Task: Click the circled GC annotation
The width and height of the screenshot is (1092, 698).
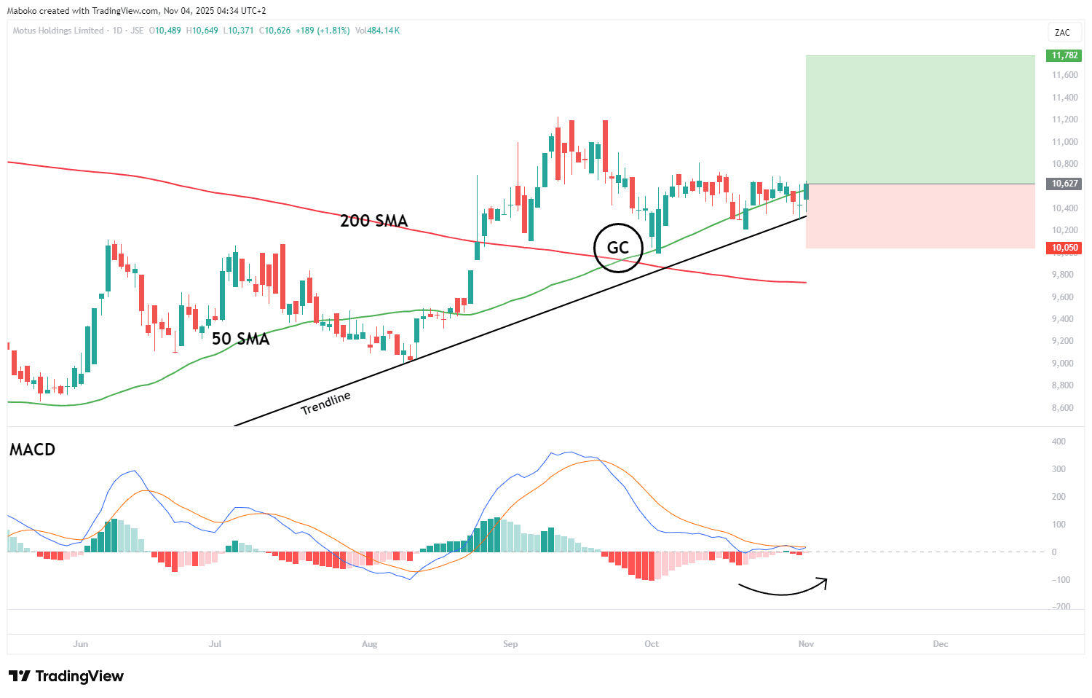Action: pos(617,248)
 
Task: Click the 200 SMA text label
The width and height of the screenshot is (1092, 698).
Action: pos(373,221)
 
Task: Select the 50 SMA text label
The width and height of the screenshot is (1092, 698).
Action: pos(240,339)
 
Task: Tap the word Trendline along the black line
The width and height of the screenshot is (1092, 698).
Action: pos(326,402)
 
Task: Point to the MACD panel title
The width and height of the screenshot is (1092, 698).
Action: pos(33,450)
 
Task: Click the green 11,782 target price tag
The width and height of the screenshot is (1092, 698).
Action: pos(1064,55)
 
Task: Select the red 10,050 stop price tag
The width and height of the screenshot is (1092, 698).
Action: pos(1064,248)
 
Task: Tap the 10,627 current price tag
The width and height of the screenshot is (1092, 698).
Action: pos(1064,184)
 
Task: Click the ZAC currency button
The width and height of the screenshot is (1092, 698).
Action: pos(1062,32)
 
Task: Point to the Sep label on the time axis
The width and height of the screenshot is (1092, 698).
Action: pos(510,644)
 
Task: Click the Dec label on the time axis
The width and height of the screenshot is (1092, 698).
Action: pos(941,644)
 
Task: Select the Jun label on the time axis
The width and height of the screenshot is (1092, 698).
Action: pos(81,644)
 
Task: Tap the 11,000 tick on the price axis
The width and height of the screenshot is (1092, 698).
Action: pos(1064,142)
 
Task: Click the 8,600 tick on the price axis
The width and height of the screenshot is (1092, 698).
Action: pos(1062,408)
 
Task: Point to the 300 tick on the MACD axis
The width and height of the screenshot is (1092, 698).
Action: pos(1058,469)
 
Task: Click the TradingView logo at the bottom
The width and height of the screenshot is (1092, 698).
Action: pos(66,676)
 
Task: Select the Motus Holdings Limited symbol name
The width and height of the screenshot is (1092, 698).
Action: pos(58,31)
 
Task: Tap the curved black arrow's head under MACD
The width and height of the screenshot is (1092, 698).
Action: pos(824,580)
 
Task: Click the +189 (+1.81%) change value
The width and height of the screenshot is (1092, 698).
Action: pos(323,31)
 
